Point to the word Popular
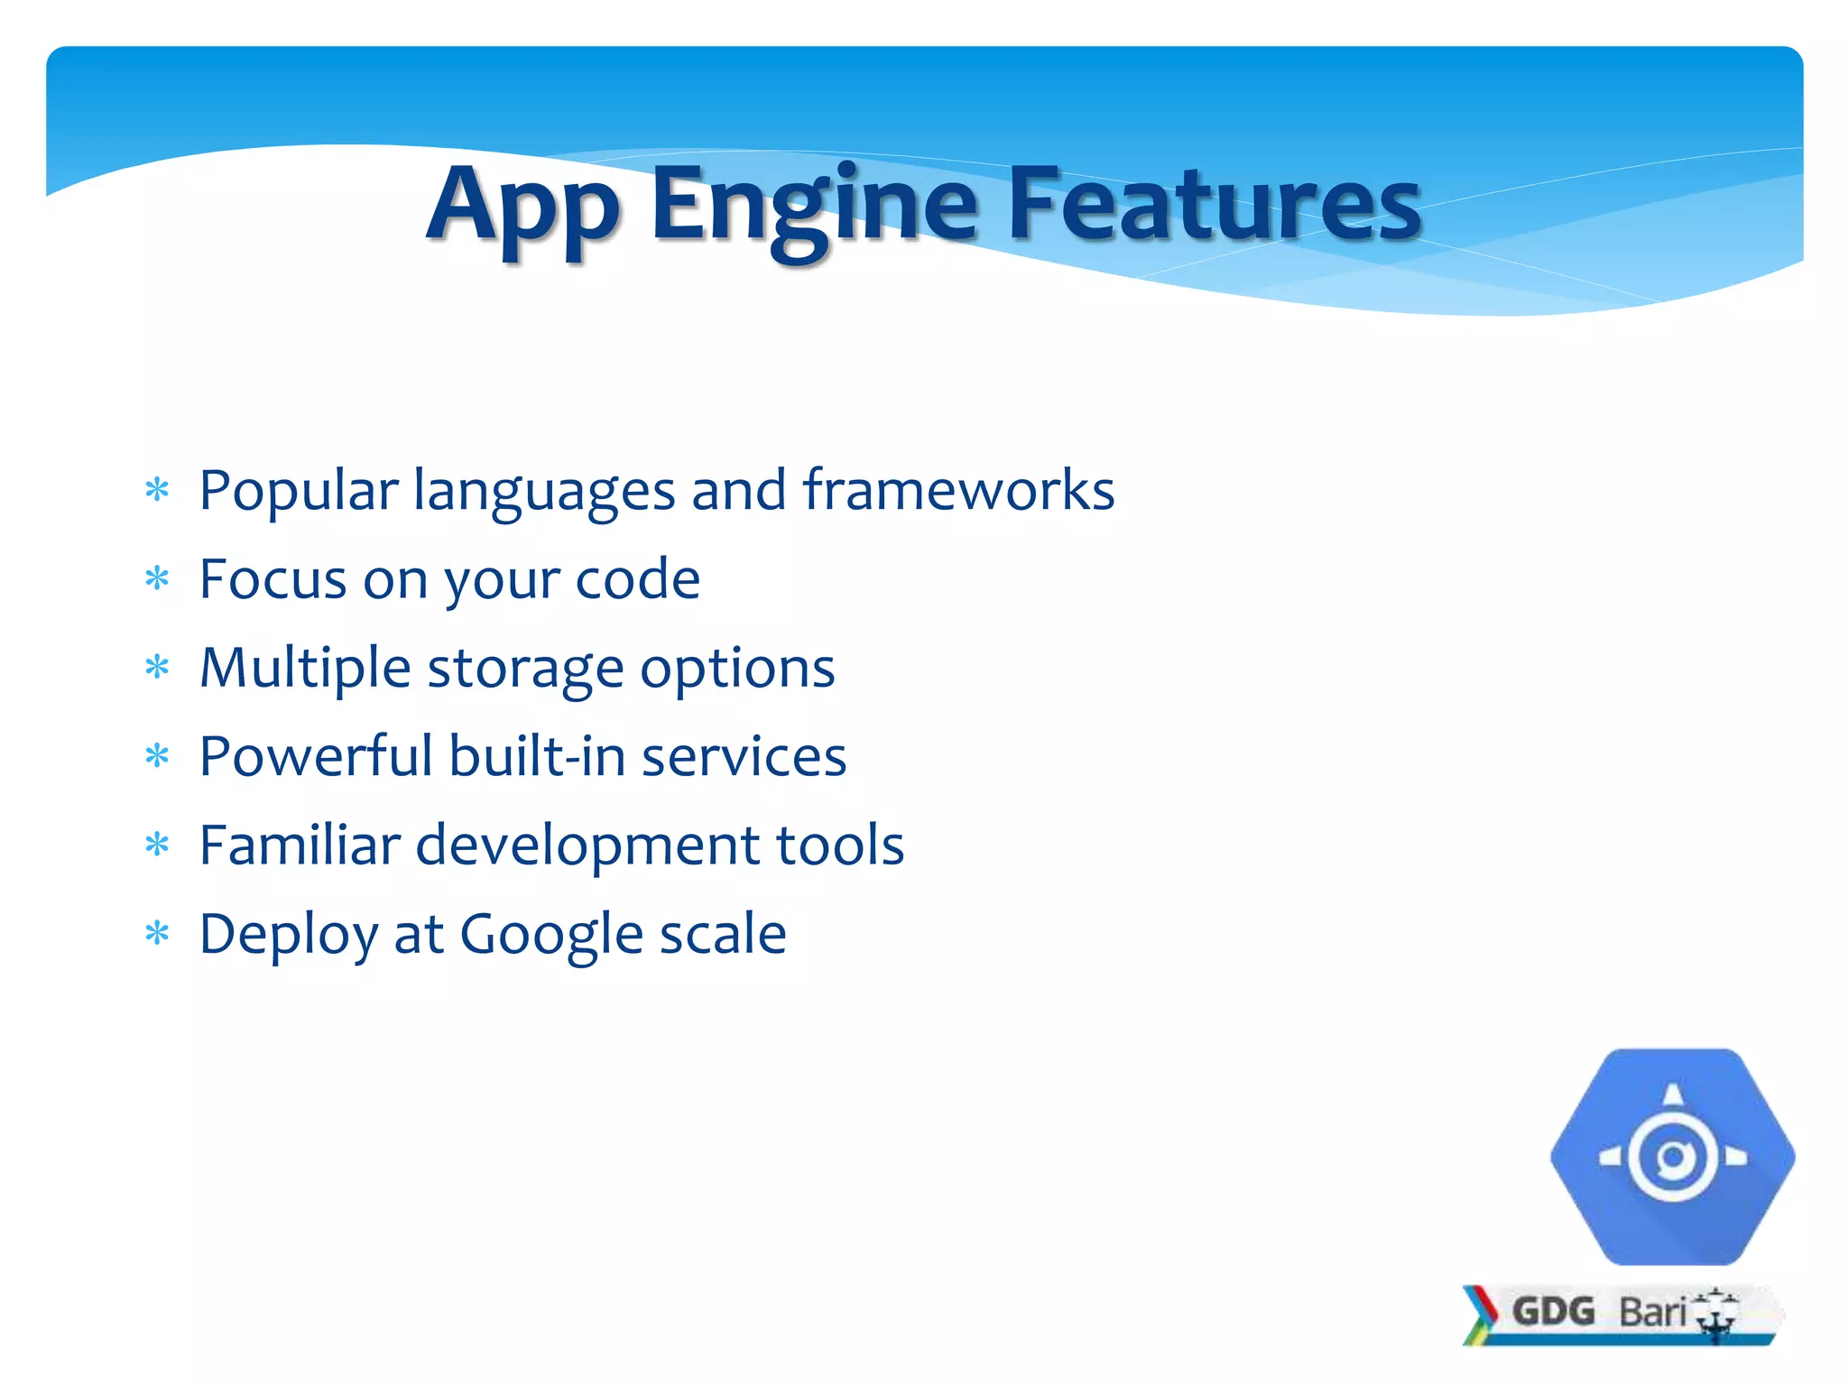(299, 492)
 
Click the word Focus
(273, 578)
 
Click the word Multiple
(305, 668)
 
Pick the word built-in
(537, 755)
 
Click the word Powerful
(316, 755)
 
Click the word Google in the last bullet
(551, 934)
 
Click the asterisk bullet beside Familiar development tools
(158, 845)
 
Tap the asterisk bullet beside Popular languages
(158, 491)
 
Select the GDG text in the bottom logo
(1553, 1311)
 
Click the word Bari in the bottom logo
(1652, 1312)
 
